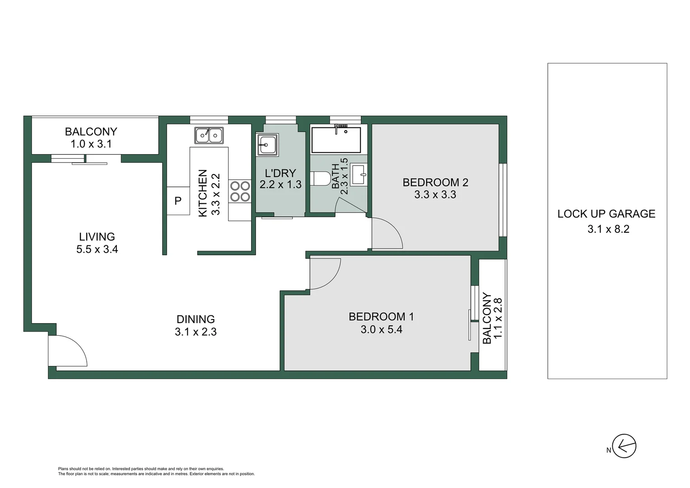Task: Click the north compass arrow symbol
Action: [x=624, y=446]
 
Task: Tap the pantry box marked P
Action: [x=178, y=201]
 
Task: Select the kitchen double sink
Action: [x=209, y=135]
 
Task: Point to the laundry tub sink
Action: [x=267, y=145]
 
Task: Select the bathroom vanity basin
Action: [x=359, y=174]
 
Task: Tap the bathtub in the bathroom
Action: [x=336, y=140]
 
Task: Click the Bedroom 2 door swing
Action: [x=386, y=233]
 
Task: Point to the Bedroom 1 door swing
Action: [x=325, y=273]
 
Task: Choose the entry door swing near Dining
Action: [x=68, y=351]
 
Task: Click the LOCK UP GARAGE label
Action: [x=606, y=214]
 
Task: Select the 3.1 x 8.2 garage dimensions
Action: [x=608, y=229]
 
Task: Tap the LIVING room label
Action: [x=97, y=236]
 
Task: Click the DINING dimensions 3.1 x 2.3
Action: [x=196, y=332]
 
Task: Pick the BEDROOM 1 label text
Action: [x=381, y=316]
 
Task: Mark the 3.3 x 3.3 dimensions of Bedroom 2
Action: [x=435, y=195]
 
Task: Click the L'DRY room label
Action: [x=280, y=173]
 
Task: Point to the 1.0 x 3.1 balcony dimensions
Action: [x=91, y=144]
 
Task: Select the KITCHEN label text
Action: [x=203, y=193]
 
